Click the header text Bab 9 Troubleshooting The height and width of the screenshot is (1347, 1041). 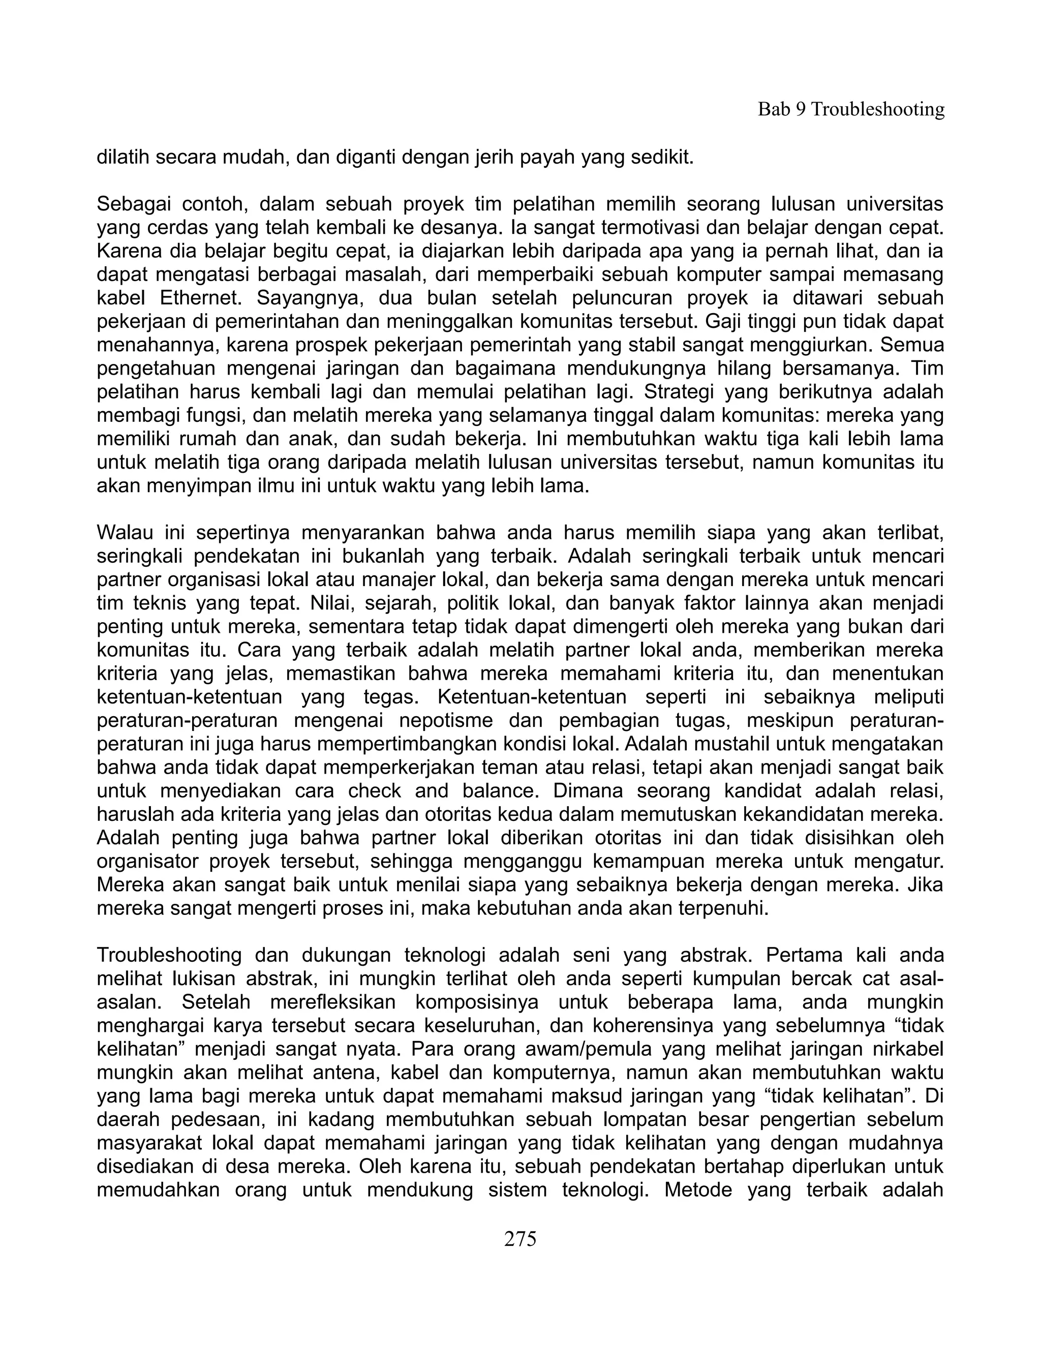click(x=850, y=109)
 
